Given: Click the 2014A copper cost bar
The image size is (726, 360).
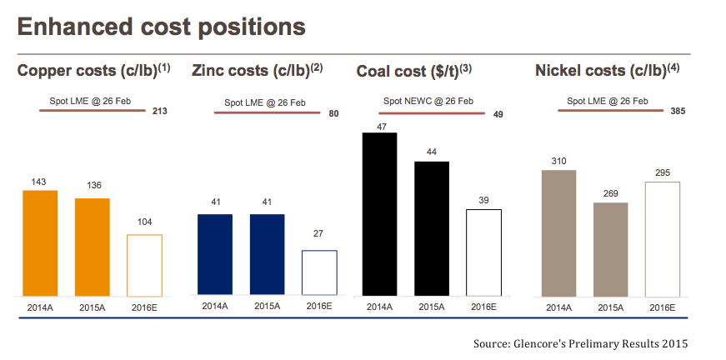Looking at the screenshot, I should click(x=40, y=242).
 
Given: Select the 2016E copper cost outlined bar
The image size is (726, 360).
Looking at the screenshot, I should click(x=144, y=265).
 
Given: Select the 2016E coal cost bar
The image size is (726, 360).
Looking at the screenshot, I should click(x=483, y=252).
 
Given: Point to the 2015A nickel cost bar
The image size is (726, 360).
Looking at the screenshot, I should click(x=610, y=248).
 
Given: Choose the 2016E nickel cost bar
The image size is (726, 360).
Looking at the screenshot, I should click(x=663, y=238).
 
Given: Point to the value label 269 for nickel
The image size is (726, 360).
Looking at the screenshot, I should click(x=610, y=192).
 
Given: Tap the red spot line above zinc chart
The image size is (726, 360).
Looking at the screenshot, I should click(x=267, y=111).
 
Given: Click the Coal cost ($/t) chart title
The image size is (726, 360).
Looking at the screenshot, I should click(x=414, y=71).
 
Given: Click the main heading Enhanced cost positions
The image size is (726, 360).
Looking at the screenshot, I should click(x=161, y=27).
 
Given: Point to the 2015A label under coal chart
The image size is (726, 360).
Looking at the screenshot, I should click(x=432, y=307).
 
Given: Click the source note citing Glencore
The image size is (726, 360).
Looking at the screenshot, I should click(x=581, y=342).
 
